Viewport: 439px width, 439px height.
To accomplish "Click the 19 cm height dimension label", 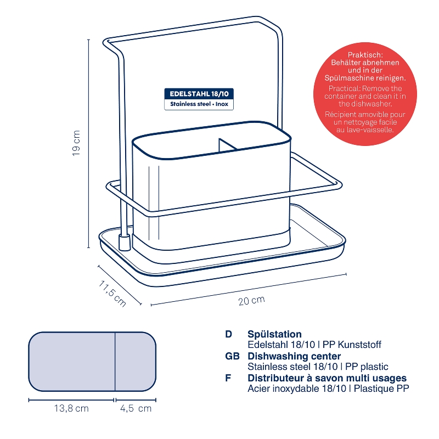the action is point(76,143).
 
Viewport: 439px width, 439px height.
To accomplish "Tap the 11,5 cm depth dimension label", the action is point(112,293).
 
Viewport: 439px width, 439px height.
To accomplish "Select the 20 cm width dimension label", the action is point(251,300).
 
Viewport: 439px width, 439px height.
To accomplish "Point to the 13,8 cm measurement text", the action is point(71,408).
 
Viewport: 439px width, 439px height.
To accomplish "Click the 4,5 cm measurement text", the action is point(136,408).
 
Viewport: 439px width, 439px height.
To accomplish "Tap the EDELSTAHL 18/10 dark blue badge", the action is point(199,94).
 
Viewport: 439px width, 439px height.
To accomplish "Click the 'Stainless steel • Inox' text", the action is point(199,104).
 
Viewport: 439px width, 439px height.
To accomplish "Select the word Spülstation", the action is point(274,334).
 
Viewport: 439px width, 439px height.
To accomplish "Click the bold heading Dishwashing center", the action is point(294,356).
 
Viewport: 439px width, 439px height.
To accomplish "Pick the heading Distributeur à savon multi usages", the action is point(327,378).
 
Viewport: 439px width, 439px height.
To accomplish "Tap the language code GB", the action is point(232,356).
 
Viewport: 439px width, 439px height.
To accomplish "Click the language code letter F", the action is point(228,378).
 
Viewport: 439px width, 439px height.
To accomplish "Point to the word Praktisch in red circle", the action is point(365,55).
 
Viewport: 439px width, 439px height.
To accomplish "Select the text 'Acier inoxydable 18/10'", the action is point(297,389).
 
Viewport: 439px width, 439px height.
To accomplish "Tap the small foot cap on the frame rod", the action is point(125,243).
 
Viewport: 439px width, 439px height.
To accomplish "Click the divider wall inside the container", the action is point(227,145).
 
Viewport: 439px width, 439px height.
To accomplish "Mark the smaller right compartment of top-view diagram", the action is point(135,362).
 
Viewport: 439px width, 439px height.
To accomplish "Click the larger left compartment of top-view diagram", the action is point(72,362).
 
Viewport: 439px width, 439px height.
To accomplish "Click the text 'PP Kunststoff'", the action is point(352,345).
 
